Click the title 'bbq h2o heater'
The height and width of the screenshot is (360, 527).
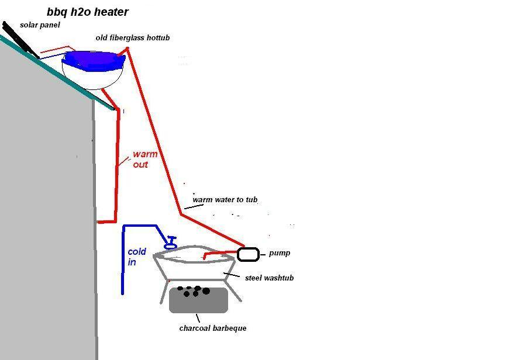88,12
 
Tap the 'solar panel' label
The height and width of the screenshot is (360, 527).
40,25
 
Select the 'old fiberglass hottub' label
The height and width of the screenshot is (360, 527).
133,37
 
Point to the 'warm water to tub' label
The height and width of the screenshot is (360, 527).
225,200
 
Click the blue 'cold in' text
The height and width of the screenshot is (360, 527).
137,257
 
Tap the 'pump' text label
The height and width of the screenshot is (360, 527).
280,254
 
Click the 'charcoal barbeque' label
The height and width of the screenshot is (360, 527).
213,328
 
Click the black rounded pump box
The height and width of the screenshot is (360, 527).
248,254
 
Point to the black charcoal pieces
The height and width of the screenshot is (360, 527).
194,290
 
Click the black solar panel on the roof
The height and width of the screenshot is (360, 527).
20,40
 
